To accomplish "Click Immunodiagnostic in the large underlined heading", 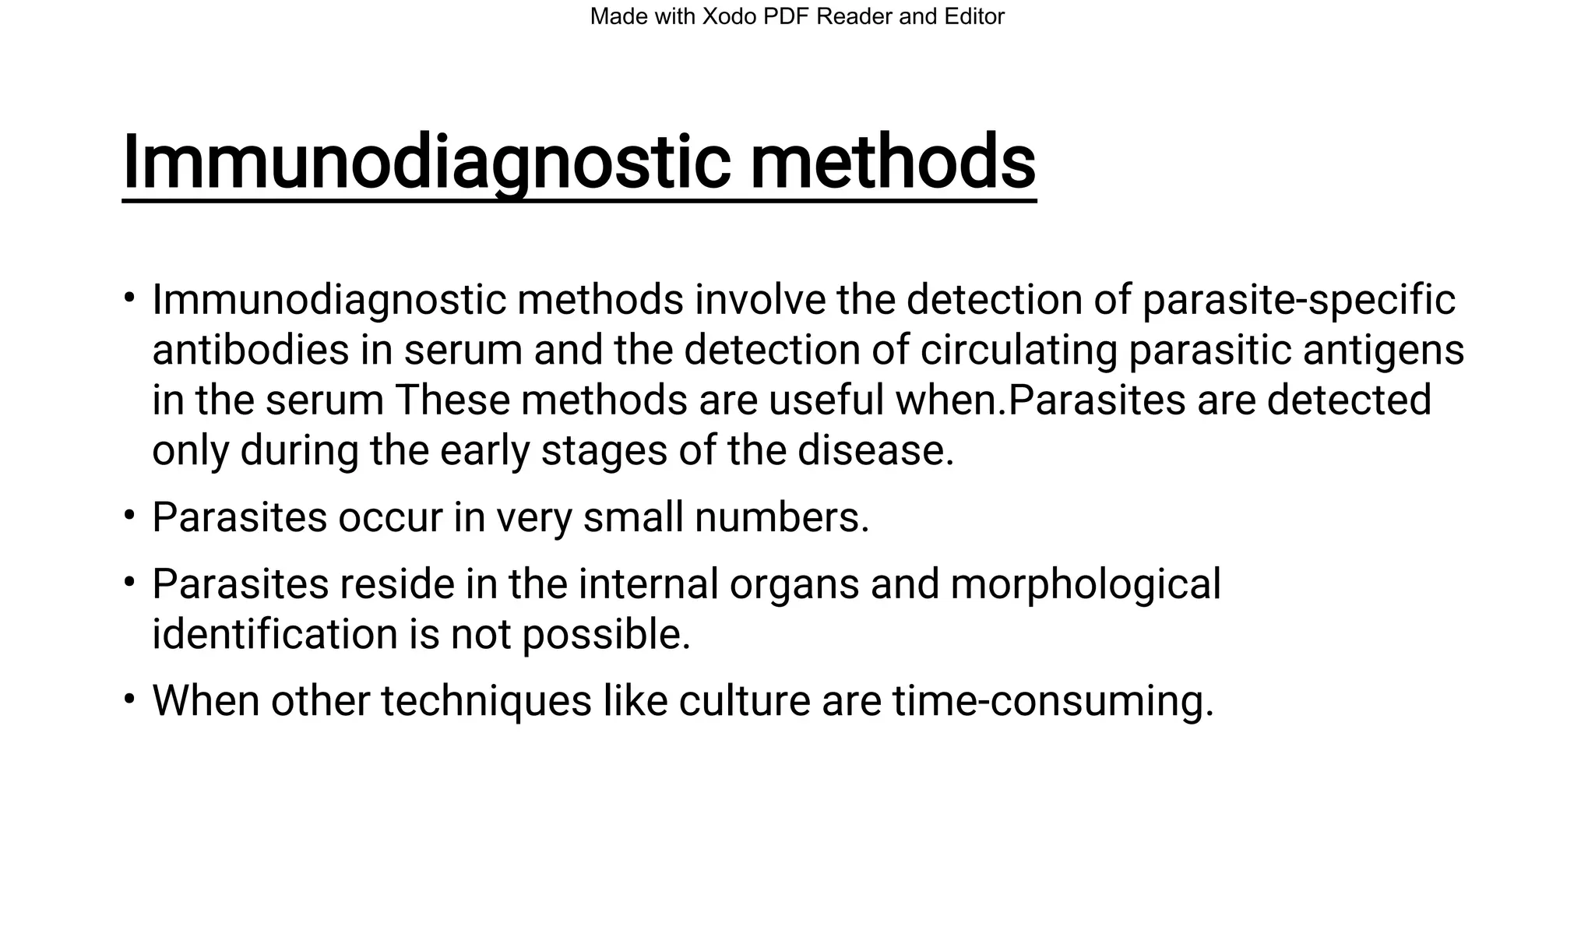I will [x=426, y=162].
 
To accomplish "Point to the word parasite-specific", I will [x=1298, y=300].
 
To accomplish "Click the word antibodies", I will [x=250, y=350].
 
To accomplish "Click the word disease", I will [x=875, y=450].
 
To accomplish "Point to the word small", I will [x=633, y=517].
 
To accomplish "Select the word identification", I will [x=274, y=634].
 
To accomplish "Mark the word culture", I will [x=745, y=700].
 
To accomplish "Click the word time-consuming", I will [x=1053, y=701].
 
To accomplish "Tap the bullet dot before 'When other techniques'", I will [x=129, y=697].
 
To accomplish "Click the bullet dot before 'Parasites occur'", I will [x=129, y=514].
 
